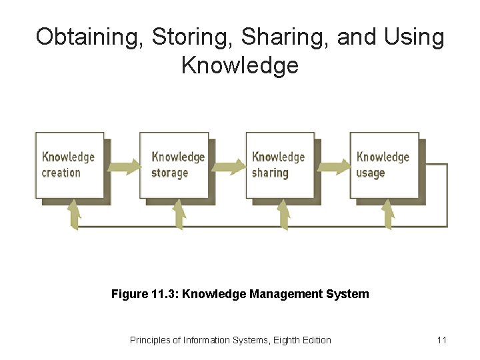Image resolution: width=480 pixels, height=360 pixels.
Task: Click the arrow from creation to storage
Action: click(124, 165)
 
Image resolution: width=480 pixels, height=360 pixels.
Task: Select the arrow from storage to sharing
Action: click(228, 165)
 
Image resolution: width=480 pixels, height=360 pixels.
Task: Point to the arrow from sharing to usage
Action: click(333, 165)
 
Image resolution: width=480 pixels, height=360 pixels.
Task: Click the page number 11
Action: click(441, 340)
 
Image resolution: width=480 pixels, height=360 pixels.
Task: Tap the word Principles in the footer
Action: click(151, 340)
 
